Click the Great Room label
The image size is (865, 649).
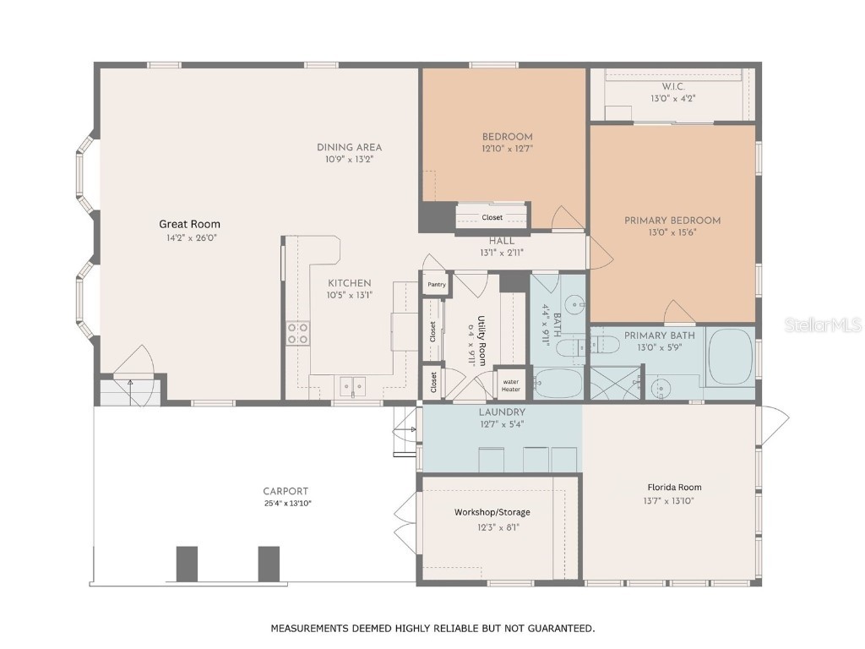pos(189,224)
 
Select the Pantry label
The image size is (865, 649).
pos(436,285)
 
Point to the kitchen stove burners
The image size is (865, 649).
pos(297,333)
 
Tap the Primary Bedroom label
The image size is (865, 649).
pos(672,221)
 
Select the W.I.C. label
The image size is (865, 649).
pos(673,86)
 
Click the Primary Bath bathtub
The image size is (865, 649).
pos(731,357)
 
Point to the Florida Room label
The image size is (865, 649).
pos(674,487)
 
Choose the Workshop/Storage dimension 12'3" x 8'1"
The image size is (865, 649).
pos(492,527)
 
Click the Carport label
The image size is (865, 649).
pos(286,491)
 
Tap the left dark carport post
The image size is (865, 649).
pos(187,564)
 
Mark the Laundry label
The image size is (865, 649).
pos(502,412)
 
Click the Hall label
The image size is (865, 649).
pos(502,241)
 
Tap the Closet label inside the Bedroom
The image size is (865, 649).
pos(492,217)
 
